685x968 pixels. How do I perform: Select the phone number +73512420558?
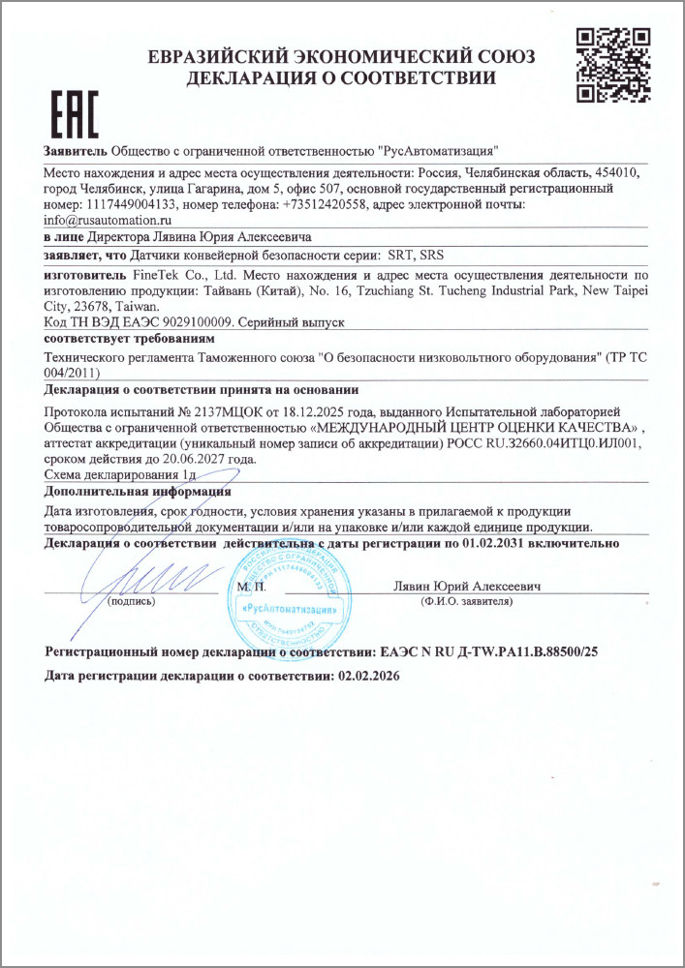pyautogui.click(x=326, y=204)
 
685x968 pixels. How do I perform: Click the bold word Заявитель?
pyautogui.click(x=76, y=151)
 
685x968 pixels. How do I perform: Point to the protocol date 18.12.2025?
pyautogui.click(x=289, y=412)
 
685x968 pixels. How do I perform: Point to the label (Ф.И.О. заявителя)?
pyautogui.click(x=465, y=601)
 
